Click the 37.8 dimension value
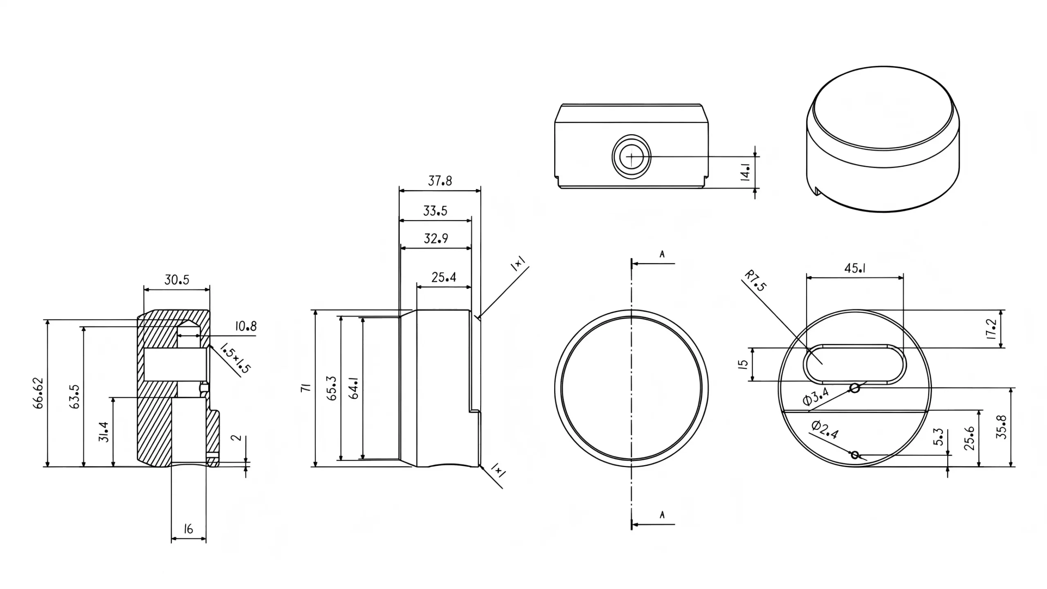pyautogui.click(x=440, y=181)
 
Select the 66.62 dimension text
pyautogui.click(x=38, y=393)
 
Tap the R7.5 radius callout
pyautogui.click(x=755, y=281)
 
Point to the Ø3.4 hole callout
pyautogui.click(x=816, y=396)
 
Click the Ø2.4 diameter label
pyautogui.click(x=825, y=429)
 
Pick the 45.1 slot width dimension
pyautogui.click(x=855, y=268)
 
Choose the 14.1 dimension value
pyautogui.click(x=745, y=172)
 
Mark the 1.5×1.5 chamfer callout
pyautogui.click(x=235, y=359)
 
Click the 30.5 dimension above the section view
pyautogui.click(x=177, y=280)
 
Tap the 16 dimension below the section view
pyautogui.click(x=188, y=529)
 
